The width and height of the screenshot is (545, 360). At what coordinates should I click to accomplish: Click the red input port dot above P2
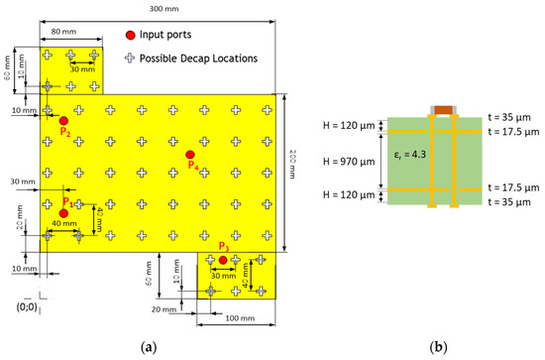pyautogui.click(x=63, y=120)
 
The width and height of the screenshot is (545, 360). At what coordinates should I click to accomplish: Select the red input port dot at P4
pyautogui.click(x=190, y=155)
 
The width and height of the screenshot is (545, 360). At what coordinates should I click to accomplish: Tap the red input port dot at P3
pyautogui.click(x=223, y=260)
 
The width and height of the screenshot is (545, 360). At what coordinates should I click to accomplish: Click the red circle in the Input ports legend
pyautogui.click(x=131, y=35)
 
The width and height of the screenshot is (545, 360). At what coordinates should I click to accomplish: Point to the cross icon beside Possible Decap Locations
pyautogui.click(x=130, y=59)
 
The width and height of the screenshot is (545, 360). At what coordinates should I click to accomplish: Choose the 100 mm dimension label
pyautogui.click(x=234, y=318)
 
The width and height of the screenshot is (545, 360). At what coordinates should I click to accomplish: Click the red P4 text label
pyautogui.click(x=192, y=166)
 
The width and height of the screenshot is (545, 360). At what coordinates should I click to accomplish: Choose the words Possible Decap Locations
pyautogui.click(x=198, y=59)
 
